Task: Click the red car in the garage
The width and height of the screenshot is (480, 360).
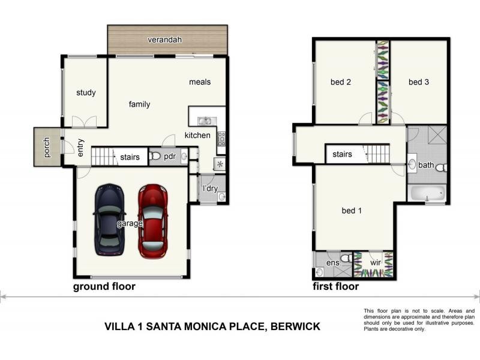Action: (x=153, y=221)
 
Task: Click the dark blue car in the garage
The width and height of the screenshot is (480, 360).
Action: (x=110, y=220)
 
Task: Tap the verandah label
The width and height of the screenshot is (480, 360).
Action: (x=164, y=40)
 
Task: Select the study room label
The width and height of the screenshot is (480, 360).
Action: (x=86, y=92)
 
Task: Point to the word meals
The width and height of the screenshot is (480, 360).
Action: (x=200, y=82)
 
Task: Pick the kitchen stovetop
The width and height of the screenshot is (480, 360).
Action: (x=221, y=139)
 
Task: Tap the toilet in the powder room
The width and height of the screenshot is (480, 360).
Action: (x=155, y=156)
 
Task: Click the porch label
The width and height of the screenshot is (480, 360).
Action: (x=46, y=147)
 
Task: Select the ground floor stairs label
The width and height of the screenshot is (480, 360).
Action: (x=130, y=157)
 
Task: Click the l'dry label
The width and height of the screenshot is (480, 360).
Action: (x=210, y=188)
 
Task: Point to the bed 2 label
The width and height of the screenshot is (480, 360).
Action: (x=341, y=82)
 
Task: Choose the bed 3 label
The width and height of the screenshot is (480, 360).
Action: (x=419, y=82)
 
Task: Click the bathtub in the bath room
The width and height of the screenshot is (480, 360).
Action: (x=427, y=193)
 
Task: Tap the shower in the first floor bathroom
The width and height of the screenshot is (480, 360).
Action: (x=437, y=134)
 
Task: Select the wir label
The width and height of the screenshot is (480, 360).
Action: (x=376, y=263)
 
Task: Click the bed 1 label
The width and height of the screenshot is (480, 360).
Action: (x=352, y=211)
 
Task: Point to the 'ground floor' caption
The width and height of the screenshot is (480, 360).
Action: (x=104, y=287)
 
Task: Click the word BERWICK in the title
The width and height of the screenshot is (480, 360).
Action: (x=295, y=326)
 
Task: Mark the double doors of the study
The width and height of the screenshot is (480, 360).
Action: (x=84, y=122)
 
